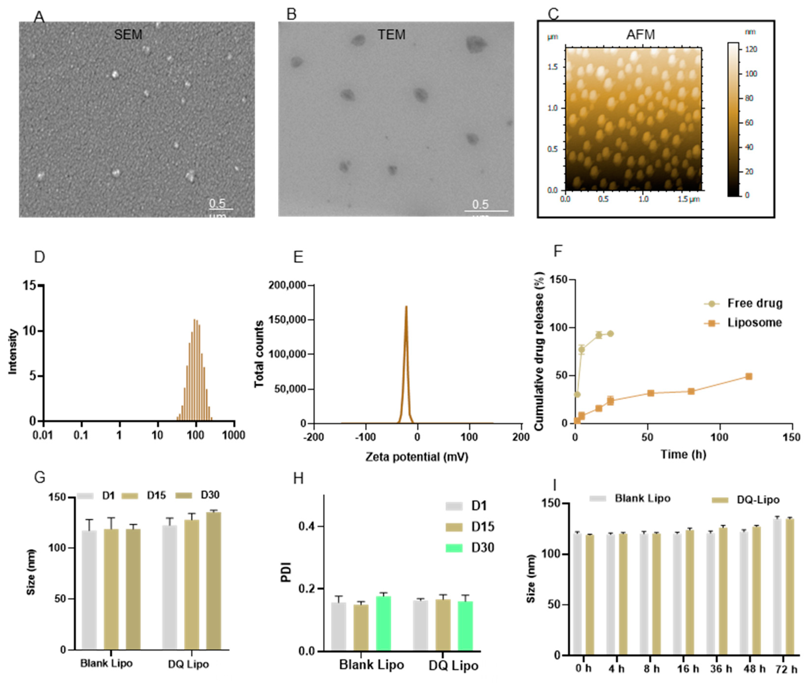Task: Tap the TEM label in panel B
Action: (391, 35)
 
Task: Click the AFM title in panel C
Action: (640, 35)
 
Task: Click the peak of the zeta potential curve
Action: (406, 306)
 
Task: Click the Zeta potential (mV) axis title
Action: (417, 457)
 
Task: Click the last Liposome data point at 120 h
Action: (748, 376)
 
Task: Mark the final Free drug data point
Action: (610, 333)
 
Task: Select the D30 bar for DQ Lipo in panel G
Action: (213, 581)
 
